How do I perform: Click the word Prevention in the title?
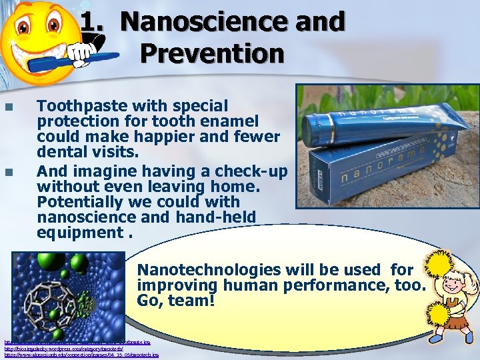(212, 53)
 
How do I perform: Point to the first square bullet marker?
(9, 107)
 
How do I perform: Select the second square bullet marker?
(9, 172)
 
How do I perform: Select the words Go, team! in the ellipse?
(176, 301)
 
